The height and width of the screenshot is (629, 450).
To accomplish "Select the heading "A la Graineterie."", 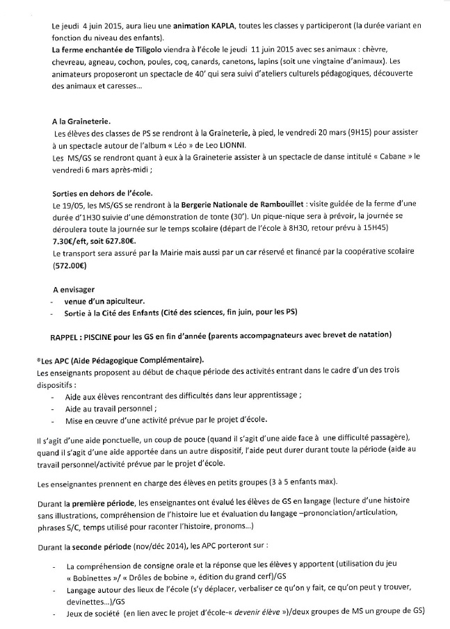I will coord(87,121).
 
